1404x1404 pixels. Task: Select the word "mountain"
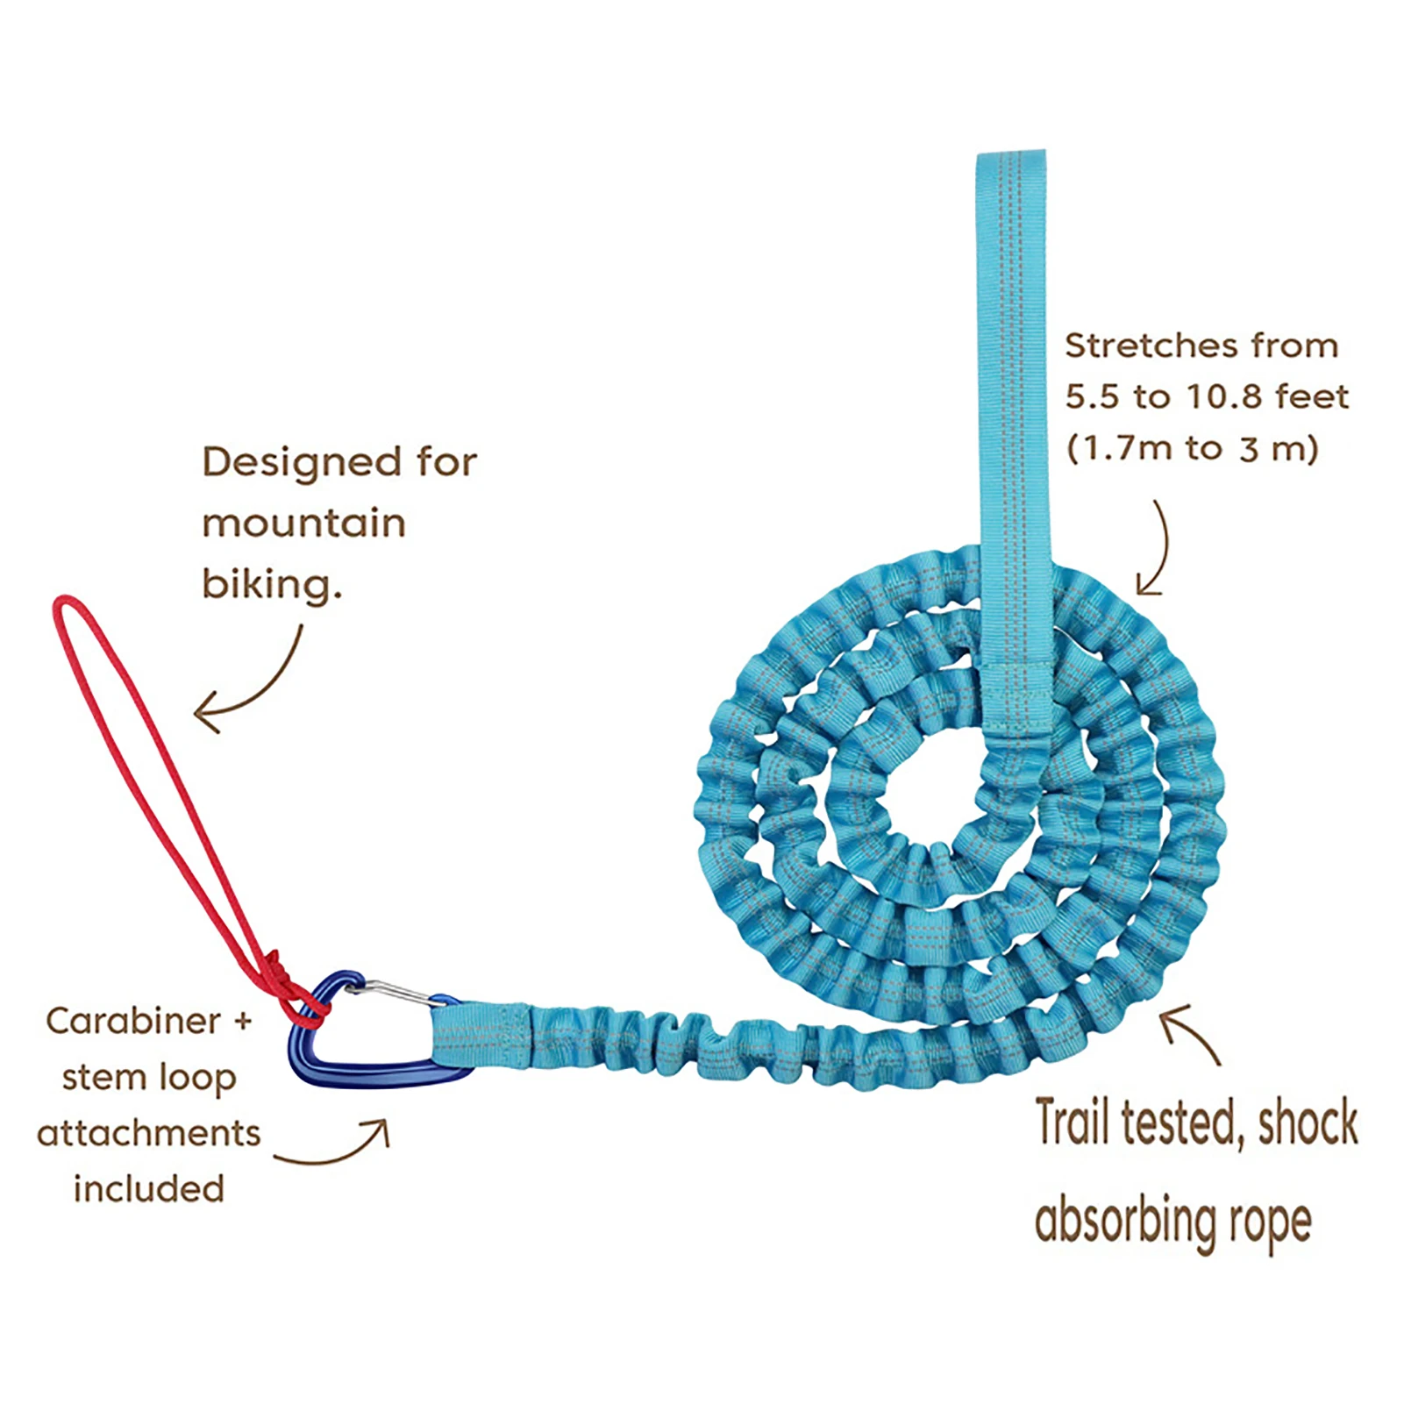(303, 524)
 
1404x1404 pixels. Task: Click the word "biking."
(271, 584)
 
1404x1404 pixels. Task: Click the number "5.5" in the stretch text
(1093, 397)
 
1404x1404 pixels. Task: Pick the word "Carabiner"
(132, 1021)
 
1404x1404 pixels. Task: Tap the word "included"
(148, 1189)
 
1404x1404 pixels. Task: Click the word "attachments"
(148, 1133)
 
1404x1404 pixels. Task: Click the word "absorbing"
(1125, 1221)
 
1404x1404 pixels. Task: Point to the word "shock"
(1308, 1122)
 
